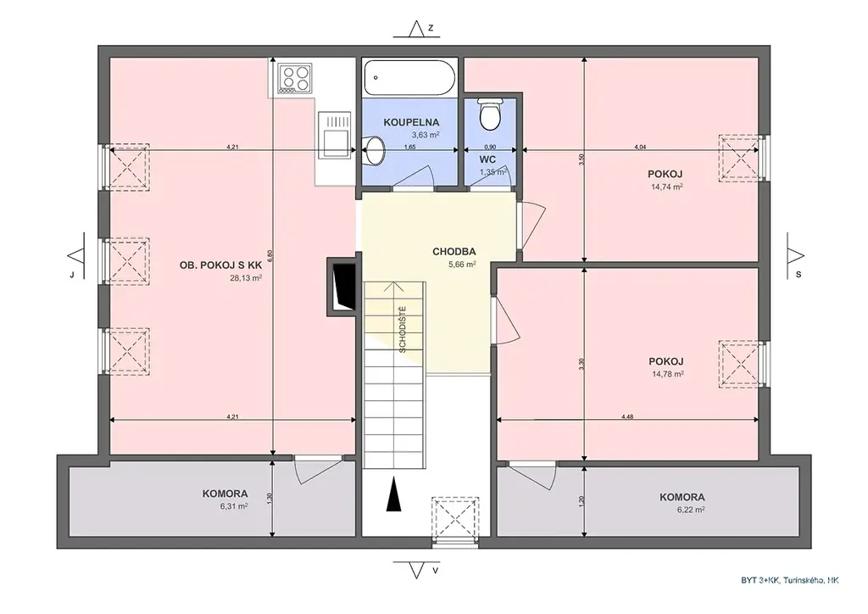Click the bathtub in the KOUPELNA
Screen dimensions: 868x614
tap(410, 77)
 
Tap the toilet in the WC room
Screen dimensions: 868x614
tap(489, 114)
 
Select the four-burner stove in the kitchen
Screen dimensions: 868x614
tap(295, 77)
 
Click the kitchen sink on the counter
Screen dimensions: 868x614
tap(335, 135)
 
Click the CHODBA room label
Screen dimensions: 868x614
tap(454, 252)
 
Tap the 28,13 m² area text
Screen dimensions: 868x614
tap(246, 278)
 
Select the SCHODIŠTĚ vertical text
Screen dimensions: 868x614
tap(403, 329)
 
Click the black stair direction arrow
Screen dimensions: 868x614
tap(393, 494)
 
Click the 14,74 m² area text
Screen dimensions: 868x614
tap(666, 187)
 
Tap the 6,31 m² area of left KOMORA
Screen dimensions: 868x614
tap(233, 505)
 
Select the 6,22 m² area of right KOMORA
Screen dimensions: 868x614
tap(690, 510)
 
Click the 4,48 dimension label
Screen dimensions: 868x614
tap(627, 417)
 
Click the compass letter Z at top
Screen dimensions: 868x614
tap(431, 28)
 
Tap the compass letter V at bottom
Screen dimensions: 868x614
tap(436, 570)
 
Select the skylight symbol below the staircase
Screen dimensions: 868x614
tap(455, 518)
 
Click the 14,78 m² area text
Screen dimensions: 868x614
tap(668, 374)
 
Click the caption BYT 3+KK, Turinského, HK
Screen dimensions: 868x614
tap(790, 580)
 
